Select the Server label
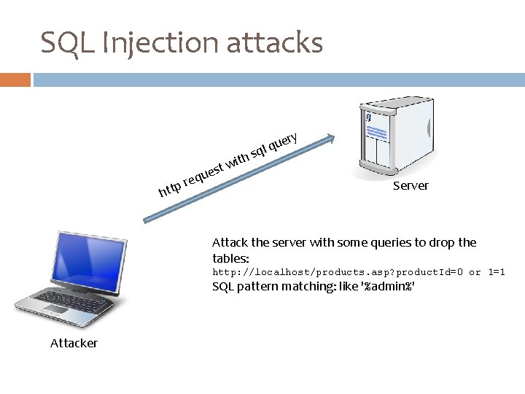411,186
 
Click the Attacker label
74,343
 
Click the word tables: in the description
230,258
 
